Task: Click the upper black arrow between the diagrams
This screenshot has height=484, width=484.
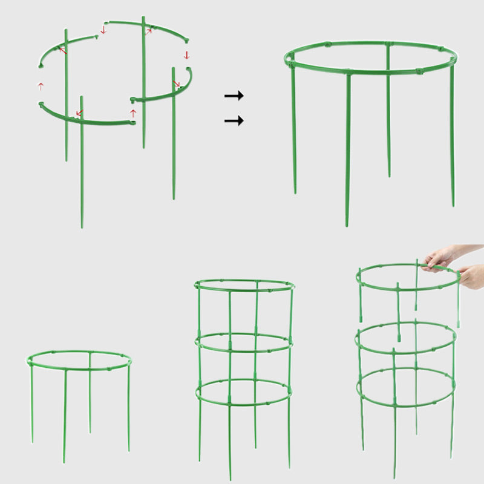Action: tap(234, 96)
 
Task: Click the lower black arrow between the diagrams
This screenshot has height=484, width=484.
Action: tap(234, 121)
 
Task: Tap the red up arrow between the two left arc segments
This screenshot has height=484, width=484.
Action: tap(41, 86)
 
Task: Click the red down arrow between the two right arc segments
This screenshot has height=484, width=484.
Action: tap(187, 55)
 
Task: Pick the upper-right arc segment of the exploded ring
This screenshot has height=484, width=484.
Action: tap(151, 27)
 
